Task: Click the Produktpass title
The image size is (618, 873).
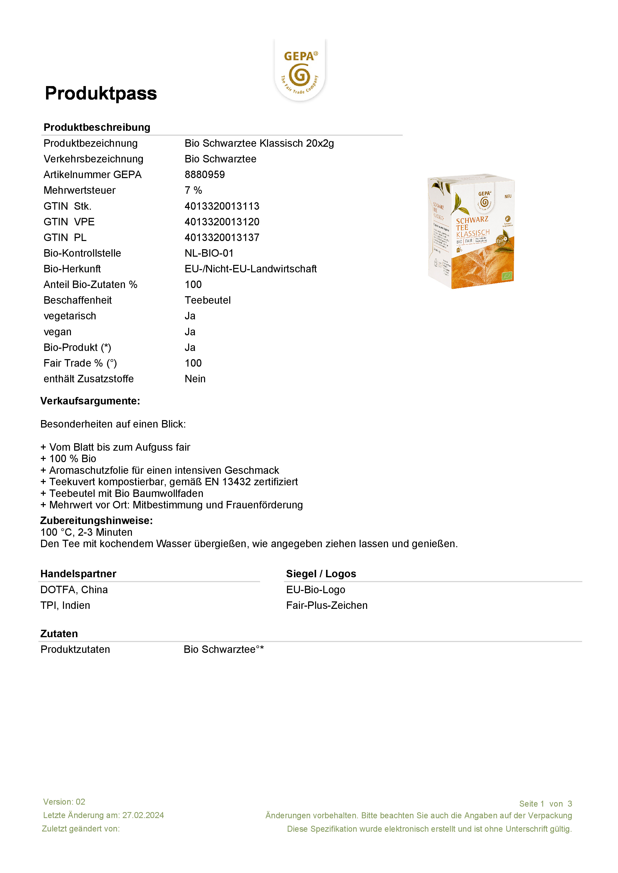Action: [101, 94]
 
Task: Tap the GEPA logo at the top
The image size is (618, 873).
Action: [300, 71]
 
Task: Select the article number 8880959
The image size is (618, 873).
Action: [205, 175]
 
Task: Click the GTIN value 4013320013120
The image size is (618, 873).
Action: [222, 222]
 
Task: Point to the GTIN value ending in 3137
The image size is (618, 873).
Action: [222, 238]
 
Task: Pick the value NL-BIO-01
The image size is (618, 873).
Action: [209, 253]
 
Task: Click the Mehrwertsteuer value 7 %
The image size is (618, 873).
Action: [193, 190]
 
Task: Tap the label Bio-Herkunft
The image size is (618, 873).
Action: [72, 269]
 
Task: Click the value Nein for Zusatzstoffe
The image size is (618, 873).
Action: [195, 379]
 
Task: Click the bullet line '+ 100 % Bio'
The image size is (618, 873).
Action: [68, 459]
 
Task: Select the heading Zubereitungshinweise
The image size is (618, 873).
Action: [97, 521]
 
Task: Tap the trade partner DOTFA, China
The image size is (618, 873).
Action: [74, 590]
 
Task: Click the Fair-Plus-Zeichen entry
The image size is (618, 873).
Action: [327, 605]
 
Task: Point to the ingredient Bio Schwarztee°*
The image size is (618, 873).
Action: [224, 649]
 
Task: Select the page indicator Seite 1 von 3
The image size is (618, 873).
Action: [545, 804]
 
